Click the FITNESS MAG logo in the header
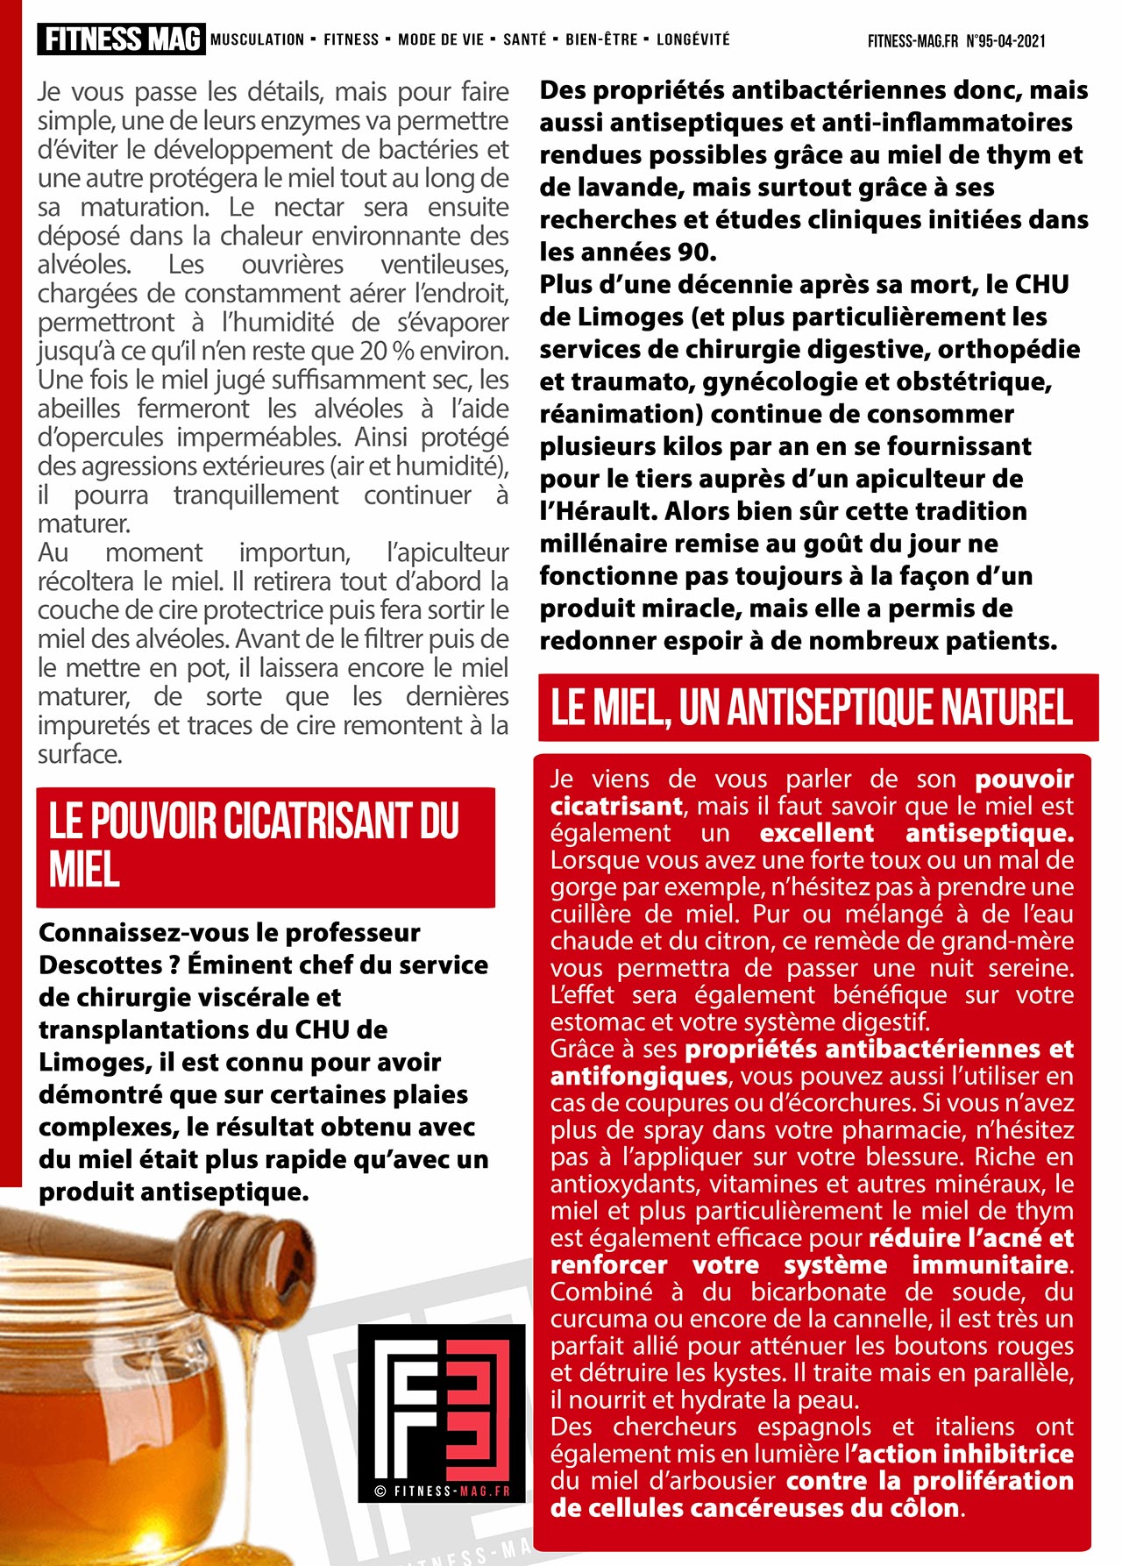(x=121, y=39)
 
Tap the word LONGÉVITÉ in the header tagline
(x=692, y=39)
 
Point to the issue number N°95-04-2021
(x=1005, y=41)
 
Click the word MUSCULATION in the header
(x=257, y=39)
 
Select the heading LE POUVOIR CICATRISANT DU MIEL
(x=254, y=845)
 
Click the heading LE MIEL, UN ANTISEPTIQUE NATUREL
(x=812, y=708)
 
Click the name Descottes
(x=96, y=965)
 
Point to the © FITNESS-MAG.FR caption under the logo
(x=441, y=1491)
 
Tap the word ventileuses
(x=444, y=265)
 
